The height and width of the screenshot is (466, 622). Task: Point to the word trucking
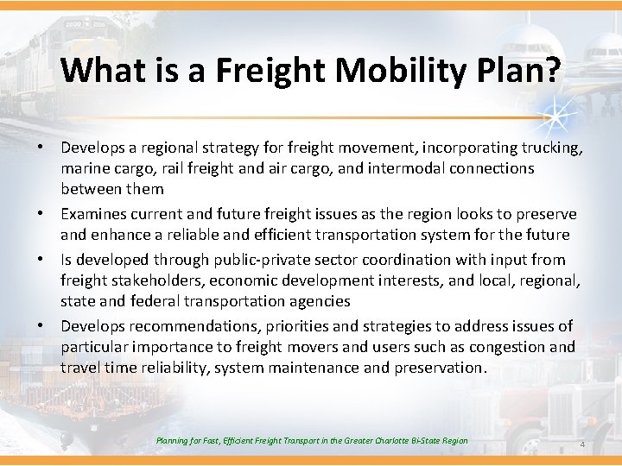547,148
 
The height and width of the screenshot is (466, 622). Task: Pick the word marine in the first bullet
84,168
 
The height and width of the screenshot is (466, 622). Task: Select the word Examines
94,213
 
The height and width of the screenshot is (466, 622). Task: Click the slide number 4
582,444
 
